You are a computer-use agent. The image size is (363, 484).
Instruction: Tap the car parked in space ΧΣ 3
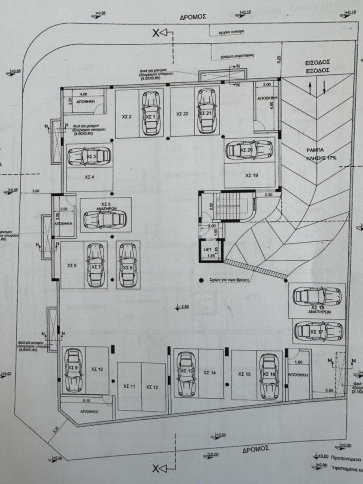point(89,156)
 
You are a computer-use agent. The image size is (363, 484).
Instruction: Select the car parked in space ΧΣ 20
point(249,150)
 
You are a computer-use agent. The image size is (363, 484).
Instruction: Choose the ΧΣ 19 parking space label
point(251,175)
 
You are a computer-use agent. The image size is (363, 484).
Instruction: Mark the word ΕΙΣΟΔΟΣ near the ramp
point(317,62)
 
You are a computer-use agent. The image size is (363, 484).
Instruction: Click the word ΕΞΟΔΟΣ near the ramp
point(317,69)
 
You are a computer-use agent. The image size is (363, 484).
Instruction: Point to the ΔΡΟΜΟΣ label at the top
point(193,16)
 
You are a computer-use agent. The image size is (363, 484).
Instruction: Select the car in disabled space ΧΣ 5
point(104,219)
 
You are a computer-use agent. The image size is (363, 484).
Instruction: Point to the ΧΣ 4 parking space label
point(88,177)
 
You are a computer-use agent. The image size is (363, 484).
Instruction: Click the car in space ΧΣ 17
point(317,332)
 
